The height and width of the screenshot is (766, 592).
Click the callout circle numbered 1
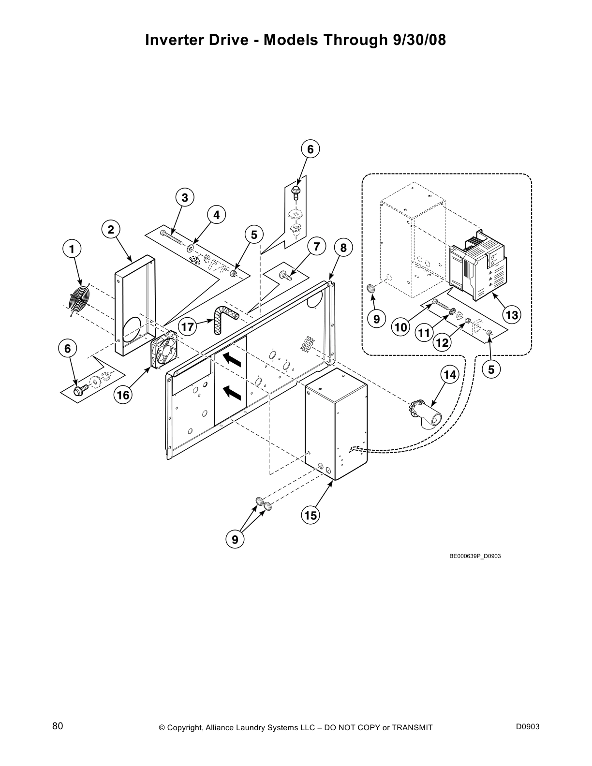tap(72, 250)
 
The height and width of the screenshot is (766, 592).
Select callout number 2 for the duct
tap(111, 230)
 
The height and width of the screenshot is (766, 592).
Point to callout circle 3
tap(185, 198)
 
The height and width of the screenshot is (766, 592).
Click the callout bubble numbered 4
tap(216, 215)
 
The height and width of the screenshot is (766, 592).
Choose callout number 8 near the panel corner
tap(343, 249)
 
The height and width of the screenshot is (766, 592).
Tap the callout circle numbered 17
tap(188, 327)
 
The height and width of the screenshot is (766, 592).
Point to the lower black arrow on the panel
tap(232, 393)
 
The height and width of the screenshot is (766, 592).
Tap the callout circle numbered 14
tap(450, 375)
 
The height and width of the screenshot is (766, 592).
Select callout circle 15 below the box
tap(311, 516)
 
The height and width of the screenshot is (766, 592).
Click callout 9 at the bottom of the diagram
tap(235, 539)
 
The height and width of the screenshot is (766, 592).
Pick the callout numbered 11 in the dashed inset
tap(424, 333)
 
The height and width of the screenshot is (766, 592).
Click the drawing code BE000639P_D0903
tap(475, 556)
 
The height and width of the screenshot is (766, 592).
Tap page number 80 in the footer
tap(58, 726)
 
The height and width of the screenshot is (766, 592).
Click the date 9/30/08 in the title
tap(416, 40)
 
